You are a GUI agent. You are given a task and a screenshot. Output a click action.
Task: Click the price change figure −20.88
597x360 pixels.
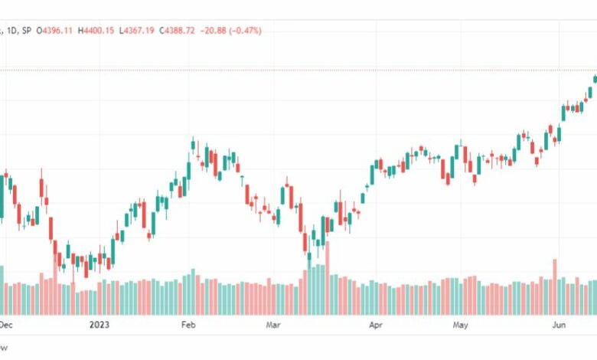click(x=217, y=31)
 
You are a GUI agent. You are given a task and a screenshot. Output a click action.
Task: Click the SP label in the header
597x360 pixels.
click(x=28, y=31)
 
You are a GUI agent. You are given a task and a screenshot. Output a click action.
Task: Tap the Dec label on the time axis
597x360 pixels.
click(x=7, y=325)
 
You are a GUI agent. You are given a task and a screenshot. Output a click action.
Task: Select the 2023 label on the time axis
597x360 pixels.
click(x=99, y=325)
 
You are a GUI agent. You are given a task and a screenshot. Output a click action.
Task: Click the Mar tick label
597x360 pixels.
click(x=274, y=325)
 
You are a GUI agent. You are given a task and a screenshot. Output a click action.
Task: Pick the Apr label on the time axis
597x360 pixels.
click(x=375, y=325)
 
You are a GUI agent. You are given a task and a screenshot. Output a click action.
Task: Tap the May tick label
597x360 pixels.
click(x=460, y=325)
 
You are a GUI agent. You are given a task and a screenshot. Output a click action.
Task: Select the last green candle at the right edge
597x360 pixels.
click(x=595, y=78)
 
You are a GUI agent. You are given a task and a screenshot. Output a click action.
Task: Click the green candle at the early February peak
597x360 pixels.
click(x=193, y=147)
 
